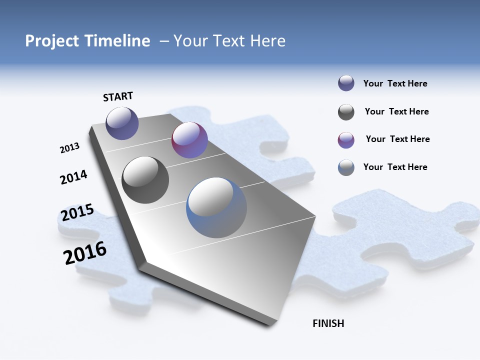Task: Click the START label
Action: [118, 96]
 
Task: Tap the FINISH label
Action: [328, 323]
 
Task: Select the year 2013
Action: [69, 148]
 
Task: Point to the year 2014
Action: [73, 177]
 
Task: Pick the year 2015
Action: [77, 213]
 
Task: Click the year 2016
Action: [85, 253]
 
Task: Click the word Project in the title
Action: [51, 41]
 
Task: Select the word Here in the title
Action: [267, 41]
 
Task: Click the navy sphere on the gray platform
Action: [122, 123]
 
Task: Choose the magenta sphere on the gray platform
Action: [189, 140]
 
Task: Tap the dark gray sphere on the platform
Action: [145, 180]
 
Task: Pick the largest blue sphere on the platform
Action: [216, 207]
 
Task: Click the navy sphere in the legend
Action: [346, 83]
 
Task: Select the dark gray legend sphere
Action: [346, 112]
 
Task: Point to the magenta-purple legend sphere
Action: [346, 140]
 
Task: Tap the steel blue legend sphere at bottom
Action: [346, 167]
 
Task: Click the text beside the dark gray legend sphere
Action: [396, 111]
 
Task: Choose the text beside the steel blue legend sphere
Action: [395, 167]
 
